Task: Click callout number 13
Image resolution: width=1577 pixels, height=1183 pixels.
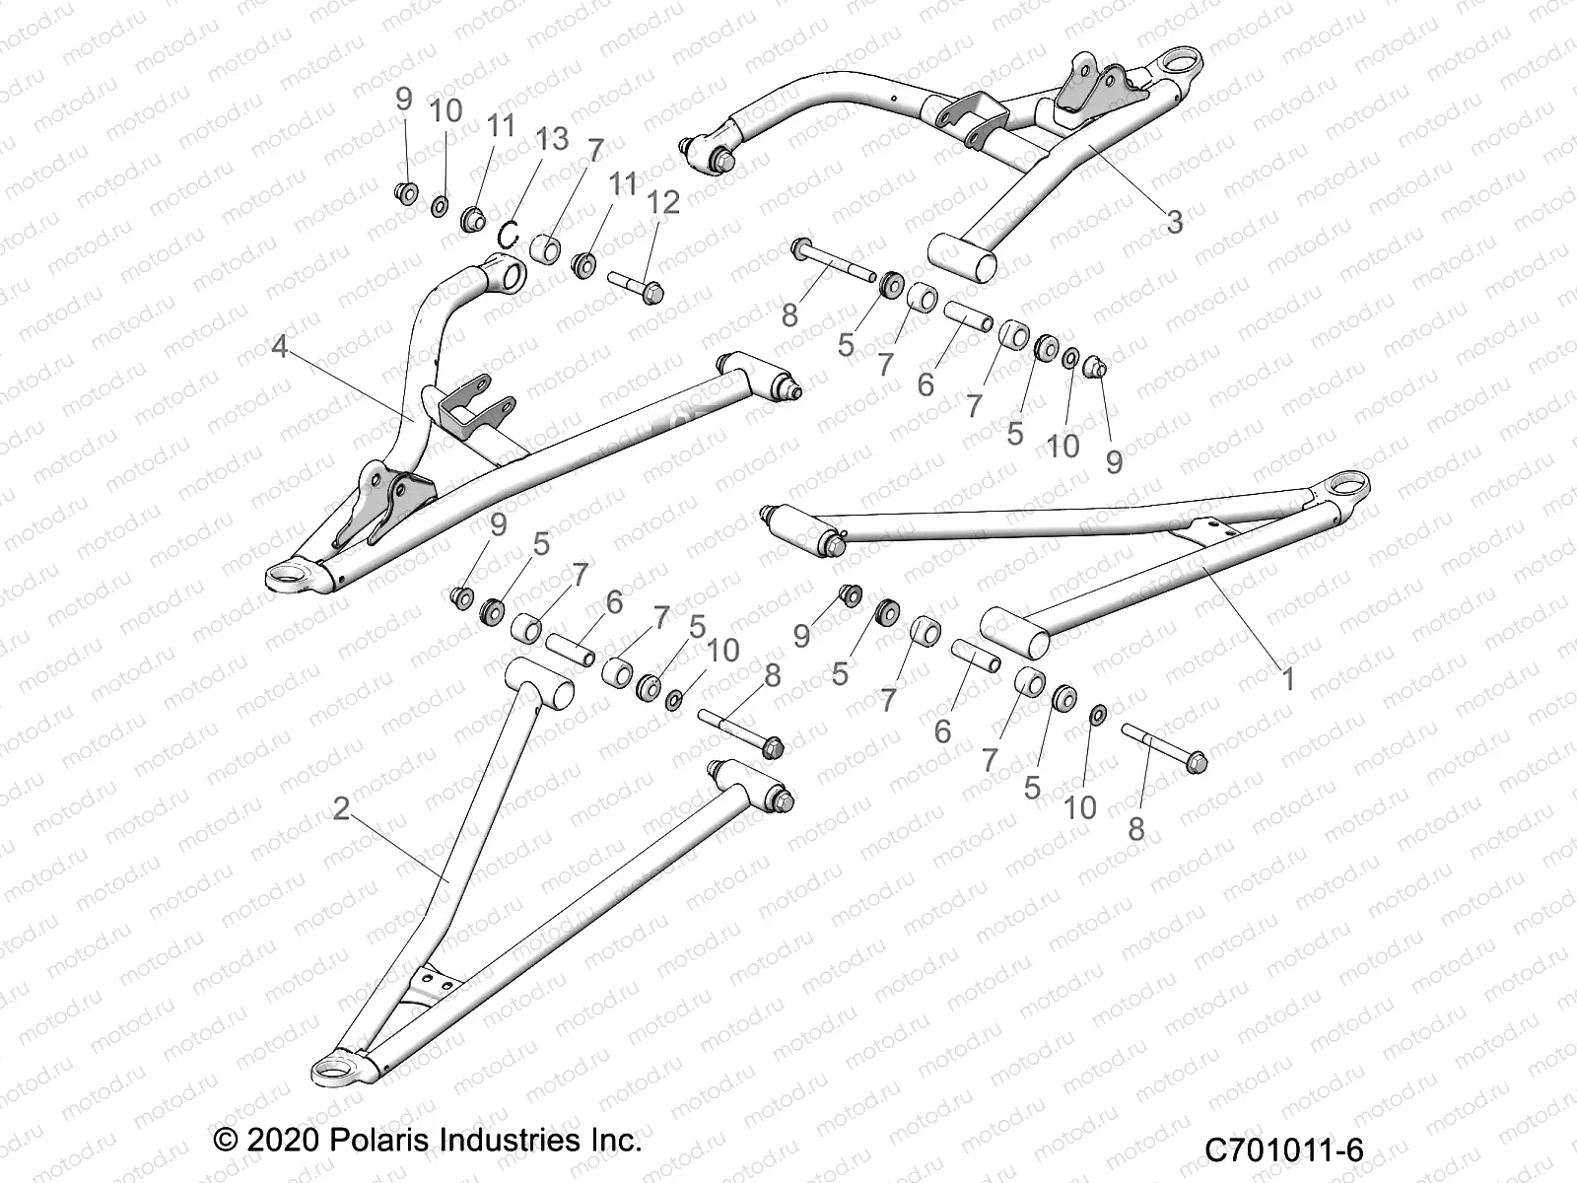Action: [553, 140]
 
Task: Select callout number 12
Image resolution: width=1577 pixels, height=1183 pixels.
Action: [664, 203]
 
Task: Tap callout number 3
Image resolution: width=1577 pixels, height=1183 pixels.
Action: [1174, 222]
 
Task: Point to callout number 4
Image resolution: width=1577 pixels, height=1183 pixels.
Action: [280, 347]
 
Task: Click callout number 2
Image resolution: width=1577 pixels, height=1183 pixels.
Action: [341, 808]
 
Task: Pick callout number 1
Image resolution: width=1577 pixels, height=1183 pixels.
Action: [1286, 678]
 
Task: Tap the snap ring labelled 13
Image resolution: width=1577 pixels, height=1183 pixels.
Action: [536, 235]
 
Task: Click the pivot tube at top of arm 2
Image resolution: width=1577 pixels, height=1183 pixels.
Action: [538, 682]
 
